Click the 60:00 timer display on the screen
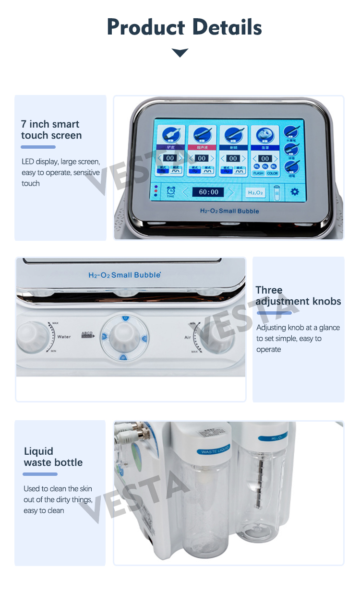(x=208, y=192)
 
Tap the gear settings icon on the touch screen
(x=294, y=192)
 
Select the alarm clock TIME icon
(x=170, y=192)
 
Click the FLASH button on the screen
(x=258, y=173)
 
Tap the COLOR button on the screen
(x=273, y=173)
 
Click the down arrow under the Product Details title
(x=180, y=52)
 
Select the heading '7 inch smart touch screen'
(x=51, y=130)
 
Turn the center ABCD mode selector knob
(x=123, y=335)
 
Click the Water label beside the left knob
(x=64, y=337)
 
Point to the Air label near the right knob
(x=188, y=338)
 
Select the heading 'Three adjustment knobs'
(x=298, y=296)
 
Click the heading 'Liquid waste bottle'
(x=53, y=457)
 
